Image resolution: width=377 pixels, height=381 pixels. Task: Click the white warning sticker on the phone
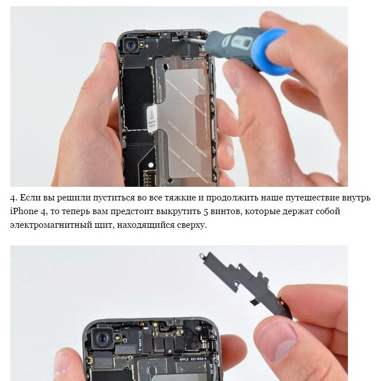click(152, 118)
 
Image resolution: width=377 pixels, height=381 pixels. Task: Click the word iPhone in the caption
click(24, 211)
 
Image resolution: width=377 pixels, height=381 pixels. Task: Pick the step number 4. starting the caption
click(14, 198)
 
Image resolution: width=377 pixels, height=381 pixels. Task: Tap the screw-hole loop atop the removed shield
click(202, 256)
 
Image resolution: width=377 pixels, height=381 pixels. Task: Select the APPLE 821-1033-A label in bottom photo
click(193, 359)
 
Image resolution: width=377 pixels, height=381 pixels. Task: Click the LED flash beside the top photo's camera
click(141, 45)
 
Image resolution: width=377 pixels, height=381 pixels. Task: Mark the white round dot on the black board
click(151, 165)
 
